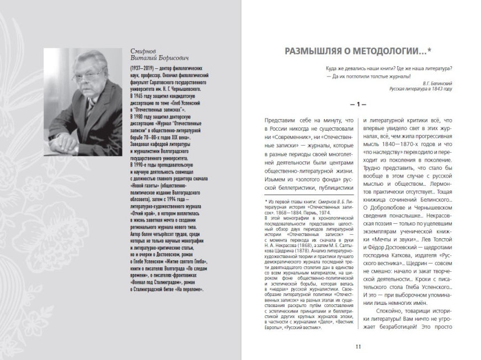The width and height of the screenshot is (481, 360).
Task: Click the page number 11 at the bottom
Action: pos(357,346)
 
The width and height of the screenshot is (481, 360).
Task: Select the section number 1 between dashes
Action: pos(357,104)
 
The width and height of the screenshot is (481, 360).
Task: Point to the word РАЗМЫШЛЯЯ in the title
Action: pos(307,52)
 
